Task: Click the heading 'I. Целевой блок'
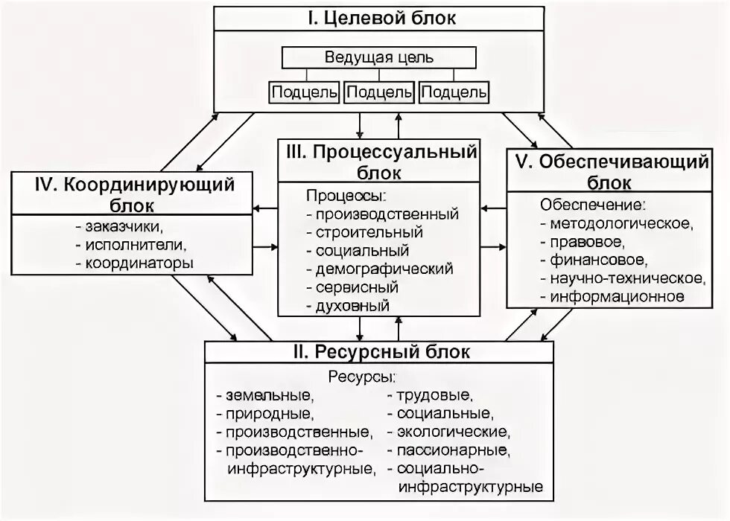click(381, 19)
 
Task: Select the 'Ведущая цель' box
click(379, 57)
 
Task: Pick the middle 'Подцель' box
click(379, 92)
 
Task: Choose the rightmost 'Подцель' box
click(454, 92)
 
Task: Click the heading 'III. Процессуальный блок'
click(380, 162)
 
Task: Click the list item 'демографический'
click(384, 269)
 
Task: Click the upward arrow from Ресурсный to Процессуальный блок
click(399, 326)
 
